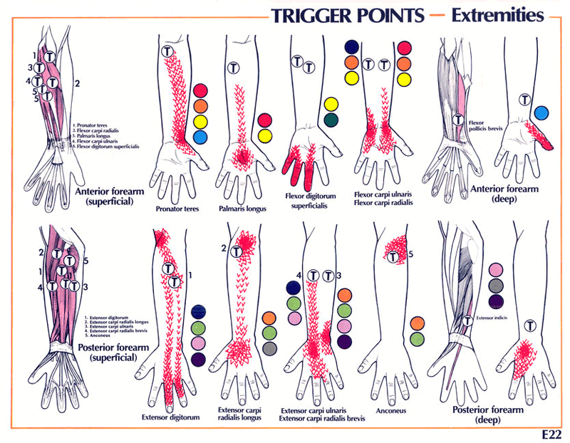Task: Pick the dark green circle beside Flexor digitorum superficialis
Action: tap(331, 120)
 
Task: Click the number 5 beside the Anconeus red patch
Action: tap(411, 253)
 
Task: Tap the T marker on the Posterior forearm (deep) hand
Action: tap(529, 325)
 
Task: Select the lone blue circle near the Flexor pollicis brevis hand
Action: tap(541, 113)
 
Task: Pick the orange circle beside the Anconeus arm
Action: tap(418, 323)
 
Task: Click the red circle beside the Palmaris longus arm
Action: tap(265, 120)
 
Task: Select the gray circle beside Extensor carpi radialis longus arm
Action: tap(269, 348)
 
